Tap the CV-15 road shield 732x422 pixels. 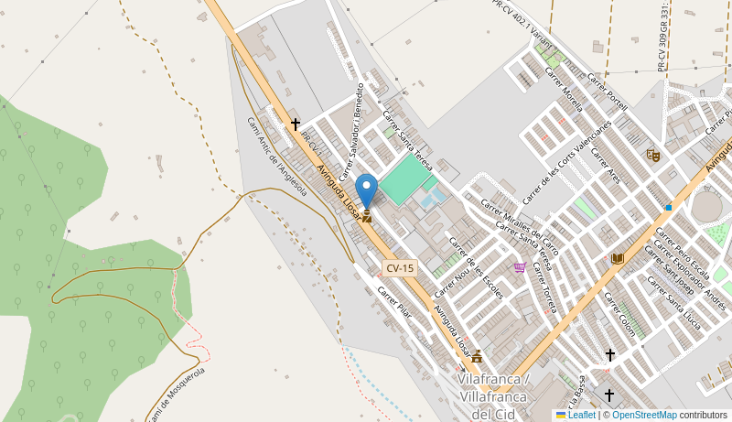click(x=400, y=268)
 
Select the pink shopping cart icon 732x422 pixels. click(x=520, y=267)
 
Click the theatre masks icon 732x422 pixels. click(x=652, y=156)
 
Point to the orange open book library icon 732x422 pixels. click(x=618, y=259)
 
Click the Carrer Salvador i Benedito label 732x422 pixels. click(x=351, y=131)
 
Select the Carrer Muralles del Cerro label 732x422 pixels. click(x=520, y=223)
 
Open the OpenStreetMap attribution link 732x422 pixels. click(x=644, y=415)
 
